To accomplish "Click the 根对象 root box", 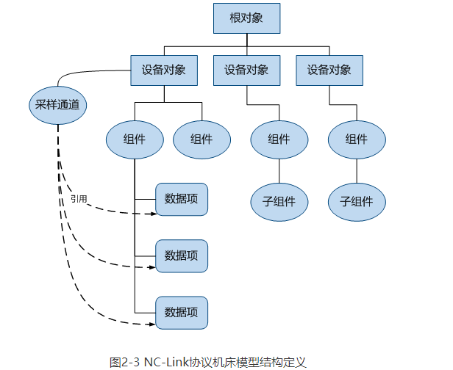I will click(x=246, y=18).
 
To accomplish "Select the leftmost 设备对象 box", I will click(x=163, y=70).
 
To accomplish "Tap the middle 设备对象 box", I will click(x=246, y=70).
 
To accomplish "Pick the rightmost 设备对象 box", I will click(x=329, y=70).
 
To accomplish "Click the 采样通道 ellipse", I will click(x=57, y=106).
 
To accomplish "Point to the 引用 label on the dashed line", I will click(x=79, y=198).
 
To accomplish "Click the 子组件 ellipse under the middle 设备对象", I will click(x=279, y=200).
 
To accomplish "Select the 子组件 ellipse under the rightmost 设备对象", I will click(x=357, y=200).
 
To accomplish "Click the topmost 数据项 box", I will click(x=182, y=198).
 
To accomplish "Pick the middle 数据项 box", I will click(x=182, y=255).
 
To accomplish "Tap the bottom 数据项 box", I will click(x=182, y=312).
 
